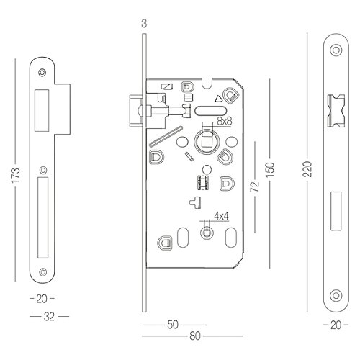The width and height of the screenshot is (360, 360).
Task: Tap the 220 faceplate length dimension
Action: (307, 169)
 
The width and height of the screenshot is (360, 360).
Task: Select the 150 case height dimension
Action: (270, 170)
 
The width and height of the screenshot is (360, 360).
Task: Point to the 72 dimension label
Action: (255, 186)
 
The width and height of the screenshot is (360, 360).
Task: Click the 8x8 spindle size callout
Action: (225, 121)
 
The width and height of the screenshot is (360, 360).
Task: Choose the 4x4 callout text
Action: (221, 216)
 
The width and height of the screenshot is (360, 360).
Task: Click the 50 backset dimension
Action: (173, 325)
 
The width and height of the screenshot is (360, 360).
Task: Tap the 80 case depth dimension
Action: (195, 336)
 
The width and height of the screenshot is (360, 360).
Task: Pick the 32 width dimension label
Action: (49, 317)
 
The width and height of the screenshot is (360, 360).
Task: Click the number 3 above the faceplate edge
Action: (144, 24)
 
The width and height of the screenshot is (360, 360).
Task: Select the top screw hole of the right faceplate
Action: (336, 50)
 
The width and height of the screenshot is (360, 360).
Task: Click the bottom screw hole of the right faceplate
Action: (336, 296)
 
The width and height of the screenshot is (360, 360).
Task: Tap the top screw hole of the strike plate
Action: (42, 72)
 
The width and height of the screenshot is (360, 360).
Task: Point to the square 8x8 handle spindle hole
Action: (206, 141)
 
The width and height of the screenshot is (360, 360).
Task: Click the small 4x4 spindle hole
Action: (206, 233)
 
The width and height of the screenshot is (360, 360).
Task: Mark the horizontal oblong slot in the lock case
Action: (210, 111)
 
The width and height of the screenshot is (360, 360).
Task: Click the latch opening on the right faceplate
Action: (336, 111)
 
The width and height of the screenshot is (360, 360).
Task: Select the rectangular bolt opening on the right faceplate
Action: (336, 211)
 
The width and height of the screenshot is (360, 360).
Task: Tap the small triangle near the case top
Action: (218, 99)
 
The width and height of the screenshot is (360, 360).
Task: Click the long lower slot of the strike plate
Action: (43, 217)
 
